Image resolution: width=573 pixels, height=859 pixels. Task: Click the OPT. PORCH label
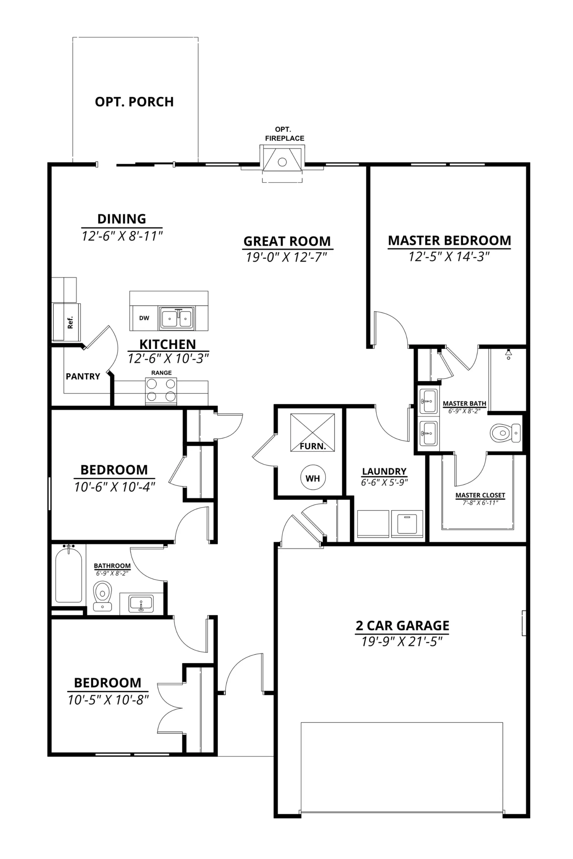click(134, 102)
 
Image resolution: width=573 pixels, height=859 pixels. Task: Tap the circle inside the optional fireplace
click(282, 162)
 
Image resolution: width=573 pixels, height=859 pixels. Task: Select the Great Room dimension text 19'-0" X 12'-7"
click(286, 257)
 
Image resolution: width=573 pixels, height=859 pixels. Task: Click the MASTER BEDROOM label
click(449, 240)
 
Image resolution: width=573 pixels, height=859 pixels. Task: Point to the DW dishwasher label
click(144, 318)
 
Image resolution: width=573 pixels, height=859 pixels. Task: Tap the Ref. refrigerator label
click(70, 322)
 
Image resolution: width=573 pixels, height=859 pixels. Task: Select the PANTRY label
click(83, 376)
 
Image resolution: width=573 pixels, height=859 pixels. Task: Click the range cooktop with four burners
click(161, 391)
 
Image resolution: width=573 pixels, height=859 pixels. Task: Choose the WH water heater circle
click(313, 478)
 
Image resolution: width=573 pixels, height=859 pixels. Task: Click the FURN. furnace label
click(313, 446)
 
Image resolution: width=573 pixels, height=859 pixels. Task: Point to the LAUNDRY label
click(384, 471)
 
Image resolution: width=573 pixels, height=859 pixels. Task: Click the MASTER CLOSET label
click(480, 495)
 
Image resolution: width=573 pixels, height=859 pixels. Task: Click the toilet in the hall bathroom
click(102, 596)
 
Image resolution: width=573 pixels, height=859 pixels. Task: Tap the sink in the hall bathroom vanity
click(141, 603)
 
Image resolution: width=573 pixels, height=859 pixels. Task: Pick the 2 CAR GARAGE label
click(402, 625)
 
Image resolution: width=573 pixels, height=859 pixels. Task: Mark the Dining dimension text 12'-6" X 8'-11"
click(122, 236)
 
